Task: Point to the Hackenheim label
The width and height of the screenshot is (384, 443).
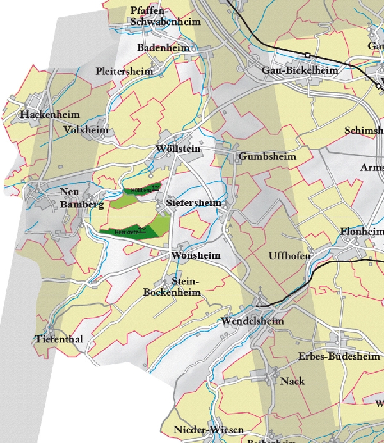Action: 49,114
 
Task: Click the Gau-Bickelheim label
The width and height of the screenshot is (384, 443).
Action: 300,70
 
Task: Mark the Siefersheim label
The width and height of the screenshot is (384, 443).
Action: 193,203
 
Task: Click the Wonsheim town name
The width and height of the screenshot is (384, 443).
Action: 196,255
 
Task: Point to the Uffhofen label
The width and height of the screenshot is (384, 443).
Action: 290,256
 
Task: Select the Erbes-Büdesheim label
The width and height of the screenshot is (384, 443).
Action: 339,356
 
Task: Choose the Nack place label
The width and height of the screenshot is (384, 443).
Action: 292,381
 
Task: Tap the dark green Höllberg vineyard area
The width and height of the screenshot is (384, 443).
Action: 140,190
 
